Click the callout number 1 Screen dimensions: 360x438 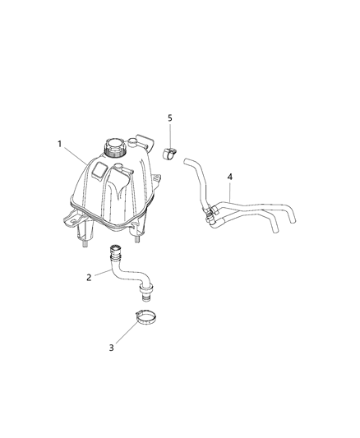click(59, 144)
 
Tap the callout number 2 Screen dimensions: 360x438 click(89, 278)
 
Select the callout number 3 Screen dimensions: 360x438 click(112, 348)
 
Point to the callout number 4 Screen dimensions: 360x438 click(230, 177)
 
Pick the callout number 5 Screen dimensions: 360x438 click(170, 118)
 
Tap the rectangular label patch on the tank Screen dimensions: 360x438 click(99, 170)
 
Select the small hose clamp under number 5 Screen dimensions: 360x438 click(169, 154)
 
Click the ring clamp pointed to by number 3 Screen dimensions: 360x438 click(145, 318)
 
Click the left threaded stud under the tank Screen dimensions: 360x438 click(84, 244)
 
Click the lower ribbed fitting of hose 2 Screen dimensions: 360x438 click(145, 293)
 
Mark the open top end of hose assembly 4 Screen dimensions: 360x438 click(186, 161)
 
